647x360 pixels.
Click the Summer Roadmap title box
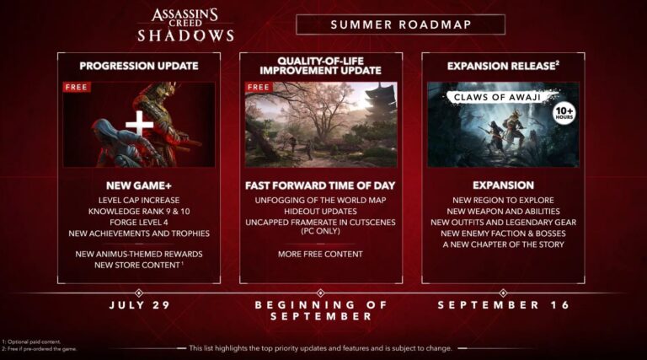coord(400,24)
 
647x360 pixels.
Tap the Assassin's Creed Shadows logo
coord(185,24)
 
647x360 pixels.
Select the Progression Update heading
coord(139,65)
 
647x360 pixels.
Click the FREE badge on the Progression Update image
coord(77,86)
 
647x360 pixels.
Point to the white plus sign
coord(139,124)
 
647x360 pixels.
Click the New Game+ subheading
coord(139,185)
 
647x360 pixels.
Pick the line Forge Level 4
coord(139,222)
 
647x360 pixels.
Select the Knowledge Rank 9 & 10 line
coord(139,211)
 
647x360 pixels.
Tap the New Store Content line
coord(139,266)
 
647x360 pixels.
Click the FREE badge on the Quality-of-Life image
coord(259,86)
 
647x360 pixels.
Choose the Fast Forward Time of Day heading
coord(320,185)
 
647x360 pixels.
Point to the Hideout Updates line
coord(320,211)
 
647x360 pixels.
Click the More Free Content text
coord(320,254)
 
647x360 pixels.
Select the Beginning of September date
coord(320,309)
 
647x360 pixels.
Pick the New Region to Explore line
coord(503,199)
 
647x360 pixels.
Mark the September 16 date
coord(503,304)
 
